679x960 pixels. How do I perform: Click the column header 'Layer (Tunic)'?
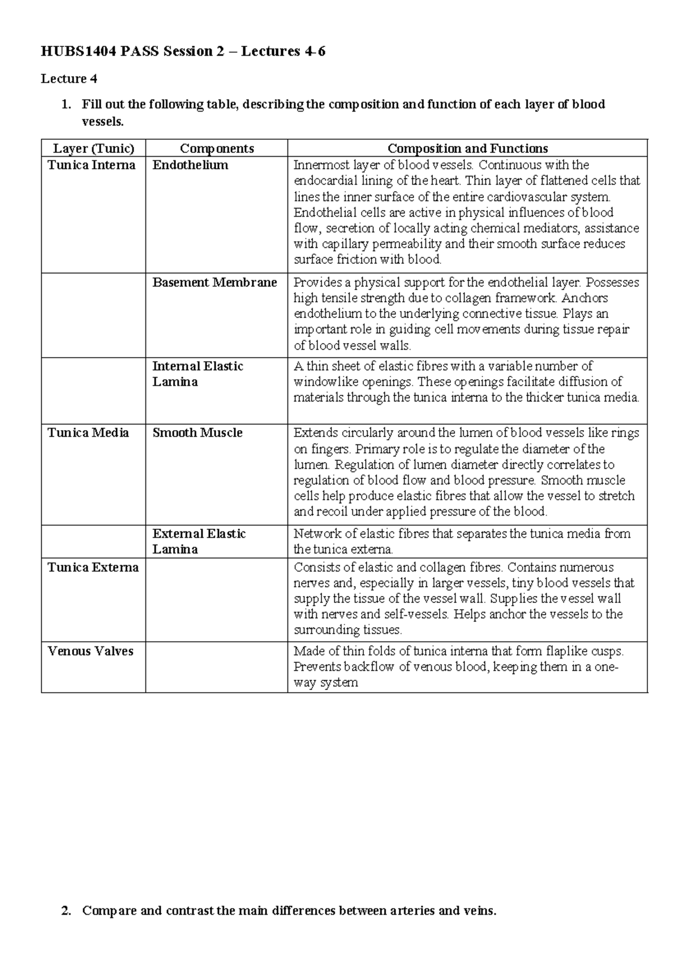click(93, 148)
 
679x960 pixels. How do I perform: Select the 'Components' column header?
click(217, 148)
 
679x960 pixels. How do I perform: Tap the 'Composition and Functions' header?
click(467, 148)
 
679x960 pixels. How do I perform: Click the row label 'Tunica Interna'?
click(92, 165)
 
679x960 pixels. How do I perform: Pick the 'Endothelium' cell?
click(190, 165)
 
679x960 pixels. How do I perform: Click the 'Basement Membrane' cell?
click(214, 282)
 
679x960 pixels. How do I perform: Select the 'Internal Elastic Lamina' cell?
click(197, 374)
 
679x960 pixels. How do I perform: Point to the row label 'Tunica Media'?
click(88, 432)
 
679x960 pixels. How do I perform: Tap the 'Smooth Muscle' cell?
click(197, 432)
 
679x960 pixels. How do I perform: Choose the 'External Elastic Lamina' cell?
click(199, 541)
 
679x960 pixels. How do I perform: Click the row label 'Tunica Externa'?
click(93, 567)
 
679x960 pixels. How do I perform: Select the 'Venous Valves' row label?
click(91, 651)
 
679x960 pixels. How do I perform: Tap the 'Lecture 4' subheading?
click(65, 79)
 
